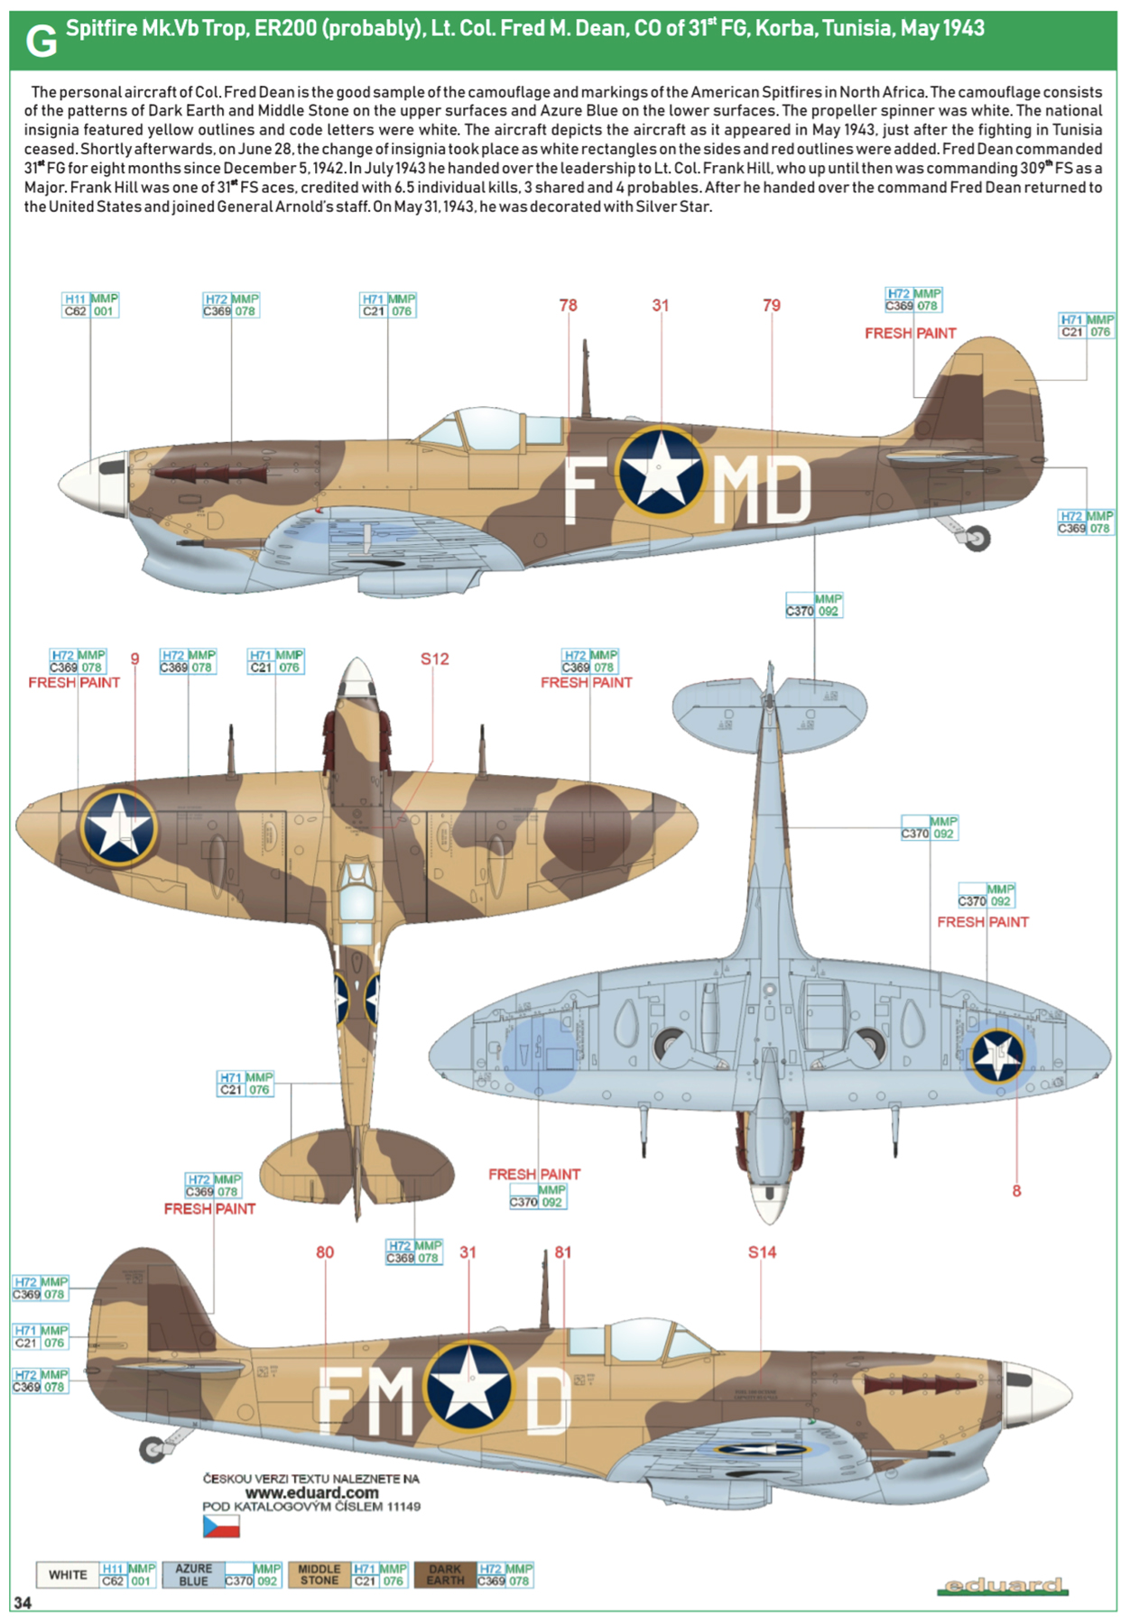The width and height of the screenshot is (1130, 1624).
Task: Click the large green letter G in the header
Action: pos(41,42)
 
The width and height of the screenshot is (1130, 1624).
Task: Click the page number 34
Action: pos(23,1602)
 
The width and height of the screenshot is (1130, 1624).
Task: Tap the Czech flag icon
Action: pos(221,1526)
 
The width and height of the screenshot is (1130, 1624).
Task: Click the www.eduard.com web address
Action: pos(311,1493)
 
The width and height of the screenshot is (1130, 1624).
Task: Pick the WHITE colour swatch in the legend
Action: pos(68,1574)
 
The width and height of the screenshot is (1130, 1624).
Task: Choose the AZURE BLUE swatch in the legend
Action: pos(193,1574)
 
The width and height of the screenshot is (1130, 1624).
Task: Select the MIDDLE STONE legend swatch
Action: pos(319,1574)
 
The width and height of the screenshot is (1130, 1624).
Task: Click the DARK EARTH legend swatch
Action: pos(445,1574)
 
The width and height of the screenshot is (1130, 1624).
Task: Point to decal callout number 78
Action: pos(568,306)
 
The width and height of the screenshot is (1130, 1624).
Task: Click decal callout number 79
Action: pos(772,306)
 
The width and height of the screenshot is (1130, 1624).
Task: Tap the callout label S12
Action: pos(434,660)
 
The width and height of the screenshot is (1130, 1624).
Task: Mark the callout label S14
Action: pos(762,1252)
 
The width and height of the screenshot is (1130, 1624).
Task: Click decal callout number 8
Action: pos(1016,1191)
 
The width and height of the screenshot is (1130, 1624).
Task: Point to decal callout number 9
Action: pos(134,660)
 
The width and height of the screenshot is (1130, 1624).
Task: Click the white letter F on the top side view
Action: pos(579,490)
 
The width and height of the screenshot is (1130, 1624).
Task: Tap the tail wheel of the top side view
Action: pos(977,539)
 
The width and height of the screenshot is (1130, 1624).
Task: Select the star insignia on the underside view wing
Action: pos(997,1055)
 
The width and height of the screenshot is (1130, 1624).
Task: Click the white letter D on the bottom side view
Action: pos(547,1399)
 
